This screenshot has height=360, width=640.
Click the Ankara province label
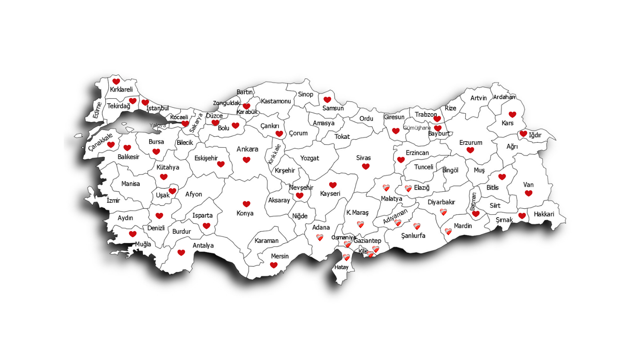pos(247,149)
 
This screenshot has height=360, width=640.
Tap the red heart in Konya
pos(246,204)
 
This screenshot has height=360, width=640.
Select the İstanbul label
pos(157,108)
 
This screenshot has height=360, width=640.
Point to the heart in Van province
pos(528,193)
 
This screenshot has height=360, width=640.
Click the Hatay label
pos(341,267)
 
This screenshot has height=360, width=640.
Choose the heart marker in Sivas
pos(366,166)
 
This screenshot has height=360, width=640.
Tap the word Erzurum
pos(470,143)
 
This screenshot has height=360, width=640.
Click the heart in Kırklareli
pos(116,82)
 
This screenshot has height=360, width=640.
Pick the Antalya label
pos(203,246)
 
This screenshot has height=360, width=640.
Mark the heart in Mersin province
pos(274,265)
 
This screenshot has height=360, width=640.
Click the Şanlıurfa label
pos(413,236)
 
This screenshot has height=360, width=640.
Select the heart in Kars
pos(512,114)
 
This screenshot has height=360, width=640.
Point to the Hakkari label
pos(544,214)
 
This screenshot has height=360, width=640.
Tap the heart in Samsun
pos(327,100)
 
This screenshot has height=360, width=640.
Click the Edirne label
pos(97,110)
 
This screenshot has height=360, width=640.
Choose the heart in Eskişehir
pos(221,164)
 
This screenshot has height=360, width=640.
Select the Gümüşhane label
pos(417,128)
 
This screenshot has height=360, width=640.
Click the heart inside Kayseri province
pos(333,185)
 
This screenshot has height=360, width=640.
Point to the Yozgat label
pos(310,158)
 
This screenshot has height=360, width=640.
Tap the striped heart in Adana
pos(320,237)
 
